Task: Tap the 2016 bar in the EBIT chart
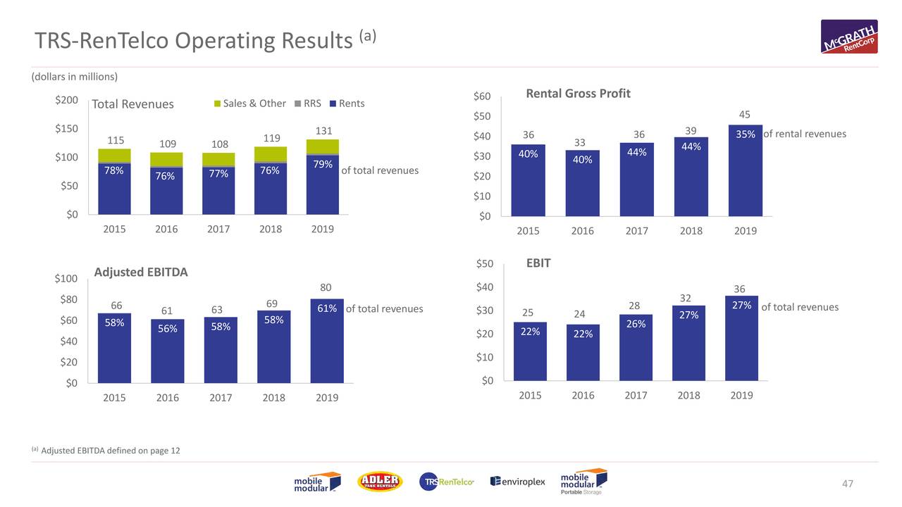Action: tap(583, 352)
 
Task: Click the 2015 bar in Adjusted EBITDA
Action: tap(115, 348)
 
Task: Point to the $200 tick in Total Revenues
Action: tap(67, 101)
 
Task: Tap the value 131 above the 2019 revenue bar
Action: tap(323, 131)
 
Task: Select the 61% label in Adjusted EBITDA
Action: tap(326, 308)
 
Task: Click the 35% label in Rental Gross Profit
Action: tap(746, 134)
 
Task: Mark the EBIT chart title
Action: tap(538, 263)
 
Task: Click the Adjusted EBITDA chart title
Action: tap(141, 272)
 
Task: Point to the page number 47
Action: tap(848, 484)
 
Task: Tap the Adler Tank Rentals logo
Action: tap(381, 482)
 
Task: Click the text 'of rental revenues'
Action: tap(805, 134)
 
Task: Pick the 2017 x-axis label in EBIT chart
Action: tap(636, 395)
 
